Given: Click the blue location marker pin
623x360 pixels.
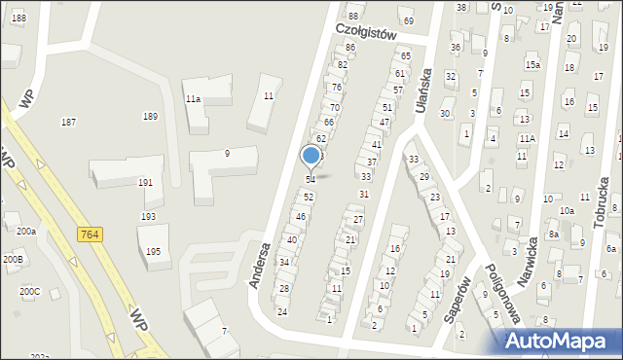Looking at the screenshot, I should point(311,156).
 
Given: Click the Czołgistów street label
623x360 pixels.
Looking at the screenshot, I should point(367,31).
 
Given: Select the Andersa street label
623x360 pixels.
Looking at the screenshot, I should point(258,266).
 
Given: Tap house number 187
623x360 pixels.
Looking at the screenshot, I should point(68,122).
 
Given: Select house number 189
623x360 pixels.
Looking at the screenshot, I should point(150,116).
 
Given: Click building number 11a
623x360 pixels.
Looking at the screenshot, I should point(193,99).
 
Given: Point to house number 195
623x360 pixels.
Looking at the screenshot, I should point(153,251).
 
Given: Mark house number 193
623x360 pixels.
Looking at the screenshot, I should point(148,216).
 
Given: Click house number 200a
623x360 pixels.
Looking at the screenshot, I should point(25,232).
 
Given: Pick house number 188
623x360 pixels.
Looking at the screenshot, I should point(18,18).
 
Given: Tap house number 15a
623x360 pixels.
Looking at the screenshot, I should point(532,65).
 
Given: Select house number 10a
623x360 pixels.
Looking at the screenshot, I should point(566,210).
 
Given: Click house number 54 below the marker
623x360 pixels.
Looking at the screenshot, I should point(311,180).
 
